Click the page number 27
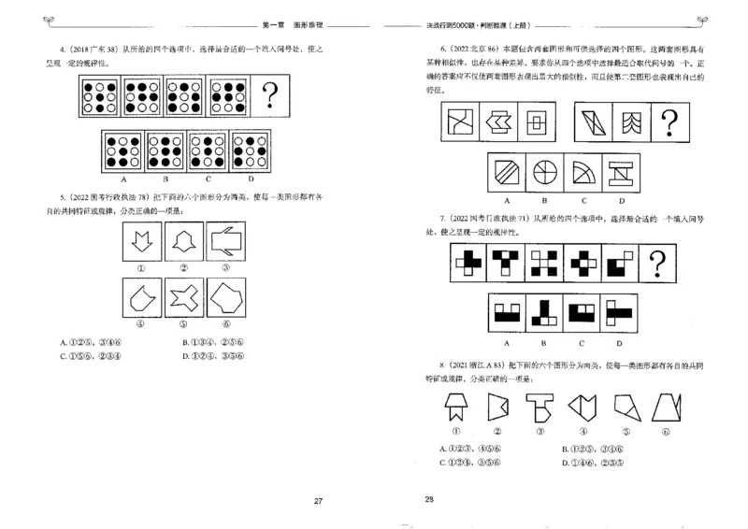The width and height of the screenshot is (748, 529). tap(318, 502)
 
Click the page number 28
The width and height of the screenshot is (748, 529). tap(429, 499)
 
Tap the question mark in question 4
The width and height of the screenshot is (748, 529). tap(271, 95)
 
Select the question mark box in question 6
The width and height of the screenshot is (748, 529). tap(668, 121)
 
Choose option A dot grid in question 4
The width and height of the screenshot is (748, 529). tap(123, 150)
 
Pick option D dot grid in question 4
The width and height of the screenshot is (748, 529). tap(250, 150)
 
